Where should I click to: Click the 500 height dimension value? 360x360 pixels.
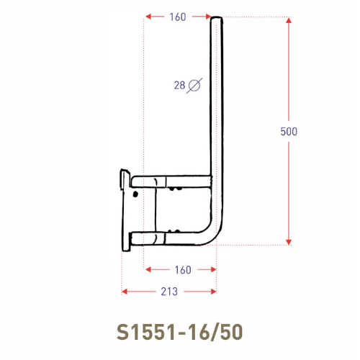(x=289, y=131)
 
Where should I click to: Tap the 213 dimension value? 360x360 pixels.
(x=168, y=291)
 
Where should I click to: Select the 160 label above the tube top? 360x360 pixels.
(x=179, y=17)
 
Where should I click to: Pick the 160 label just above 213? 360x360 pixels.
(x=183, y=270)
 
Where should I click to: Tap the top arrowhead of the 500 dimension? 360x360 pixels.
(x=289, y=20)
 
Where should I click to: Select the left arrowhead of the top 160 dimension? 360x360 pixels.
(x=148, y=17)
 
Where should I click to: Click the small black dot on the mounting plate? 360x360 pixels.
(x=135, y=193)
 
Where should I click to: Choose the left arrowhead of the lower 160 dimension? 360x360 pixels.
(x=148, y=270)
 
